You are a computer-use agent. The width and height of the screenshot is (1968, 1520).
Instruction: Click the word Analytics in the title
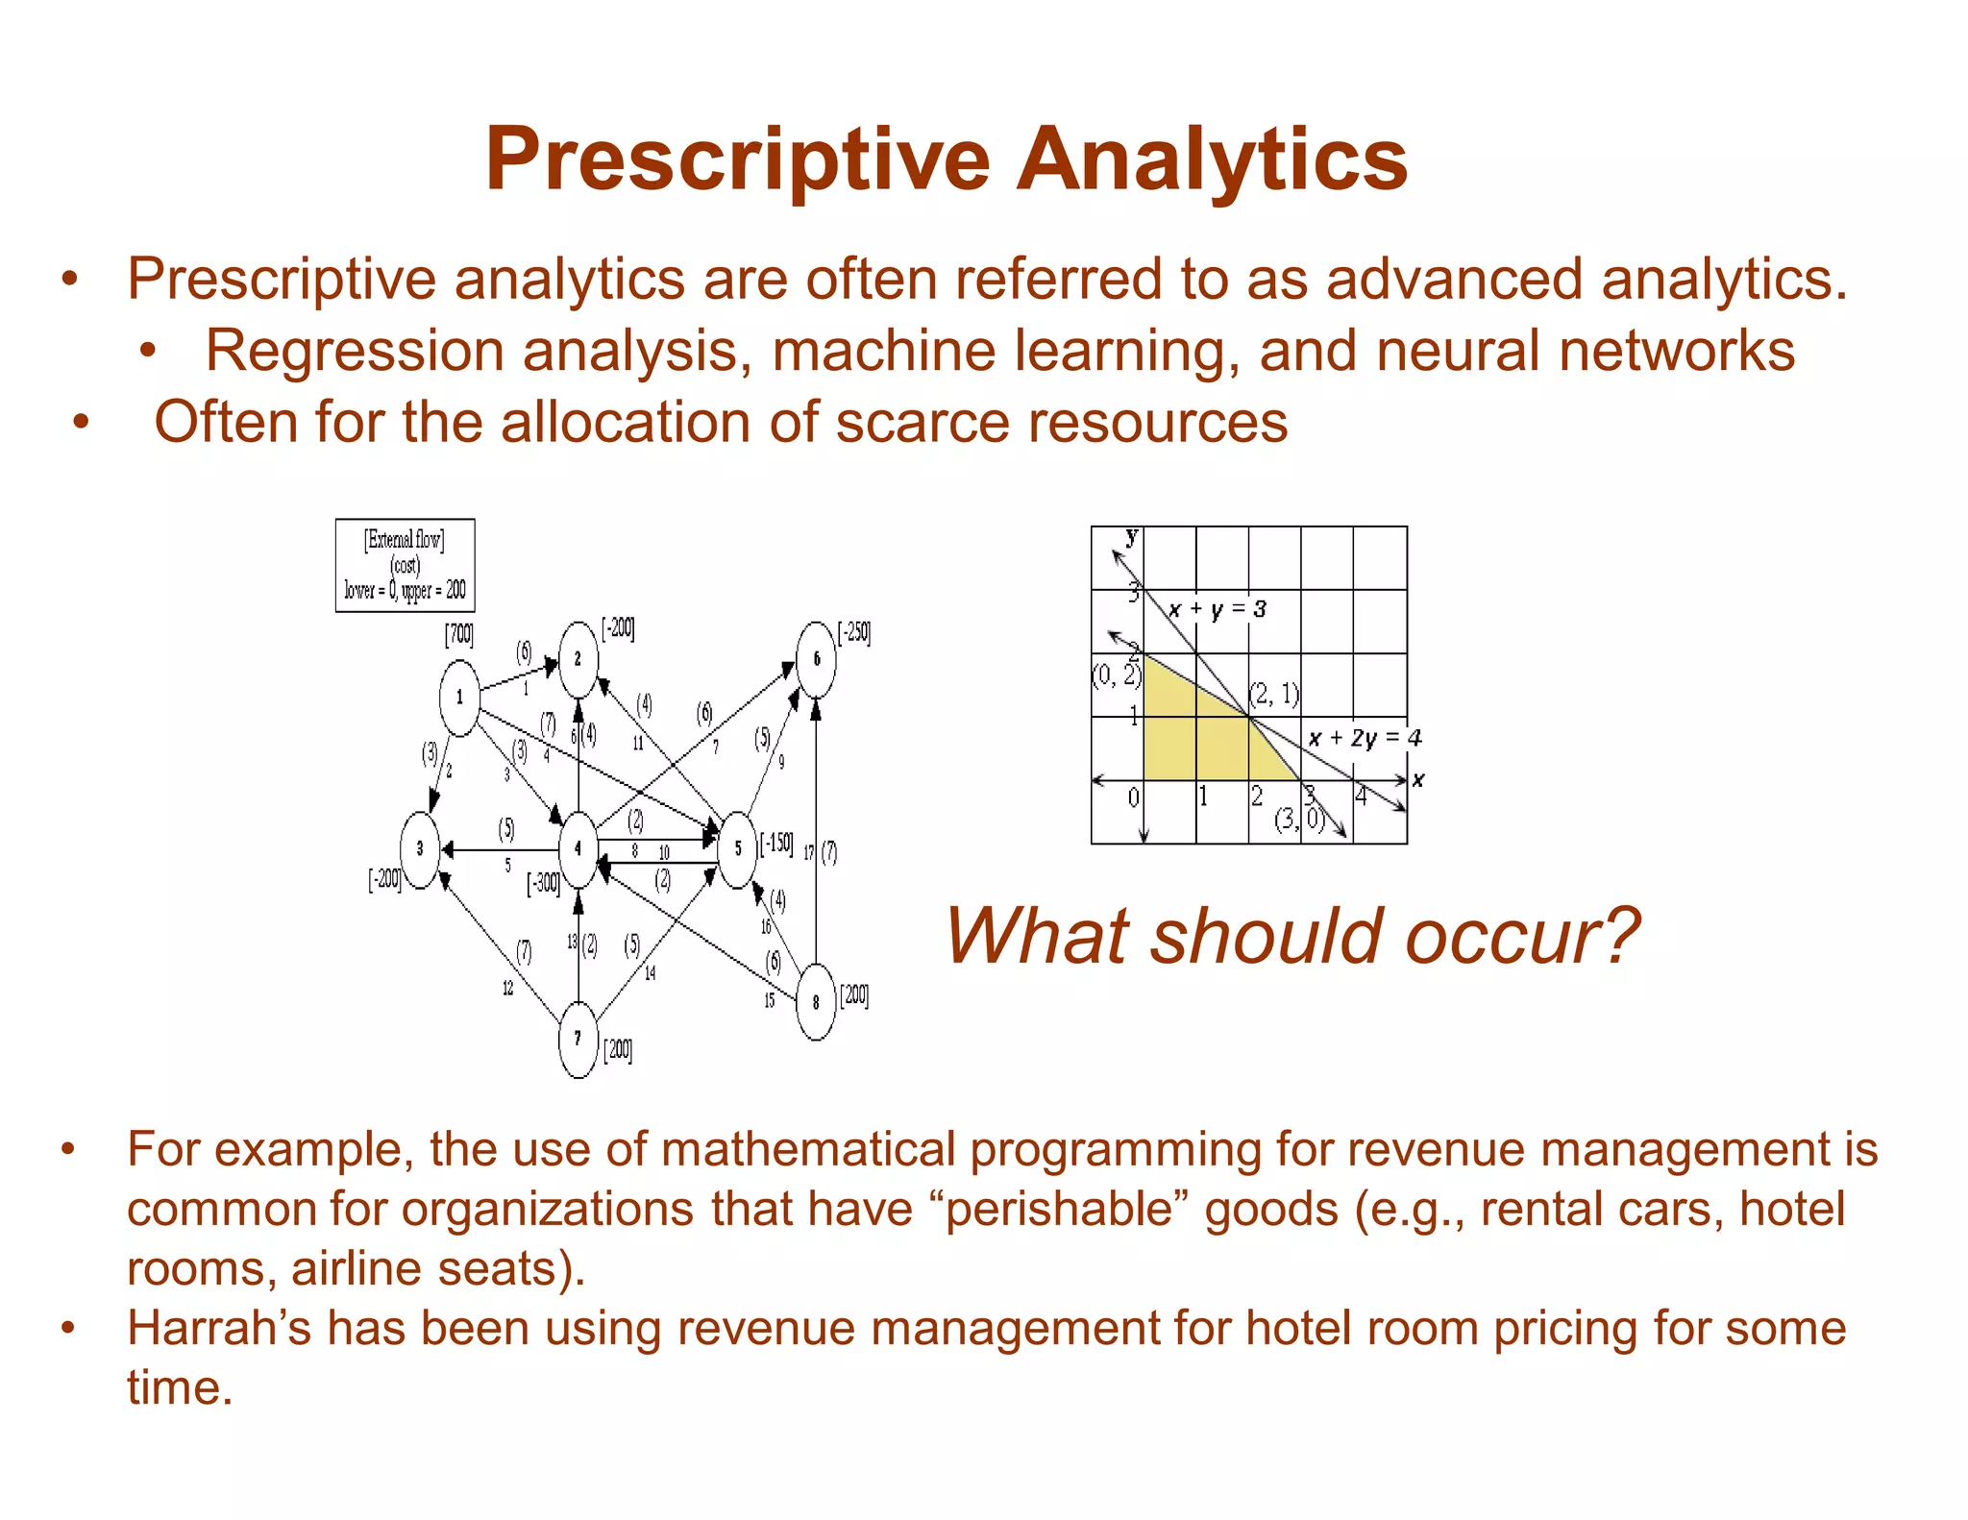(1211, 159)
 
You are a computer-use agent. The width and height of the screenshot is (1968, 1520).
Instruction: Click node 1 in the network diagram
(459, 698)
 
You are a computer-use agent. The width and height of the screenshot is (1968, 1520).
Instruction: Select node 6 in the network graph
(816, 659)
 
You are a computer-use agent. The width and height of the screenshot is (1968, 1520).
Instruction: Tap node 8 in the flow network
(816, 1002)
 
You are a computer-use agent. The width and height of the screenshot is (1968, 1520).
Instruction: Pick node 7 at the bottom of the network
(578, 1039)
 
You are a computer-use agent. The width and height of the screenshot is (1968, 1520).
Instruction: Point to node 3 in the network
(420, 848)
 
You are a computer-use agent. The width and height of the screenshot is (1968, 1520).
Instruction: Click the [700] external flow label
(458, 635)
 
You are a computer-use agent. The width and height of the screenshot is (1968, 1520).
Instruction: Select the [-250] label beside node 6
(854, 633)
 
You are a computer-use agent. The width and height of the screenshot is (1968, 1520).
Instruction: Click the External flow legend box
(405, 565)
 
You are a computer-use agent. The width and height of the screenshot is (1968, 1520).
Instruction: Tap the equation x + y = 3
(1217, 609)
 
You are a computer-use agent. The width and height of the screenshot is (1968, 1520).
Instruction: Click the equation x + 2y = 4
(1364, 738)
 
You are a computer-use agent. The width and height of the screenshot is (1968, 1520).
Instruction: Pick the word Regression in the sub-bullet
(354, 351)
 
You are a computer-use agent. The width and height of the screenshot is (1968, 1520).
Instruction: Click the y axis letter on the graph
(1132, 536)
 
